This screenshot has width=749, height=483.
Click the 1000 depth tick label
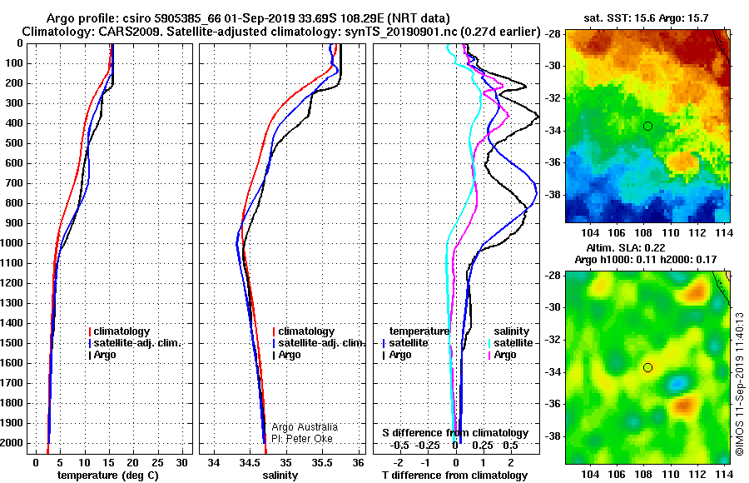[x=12, y=243]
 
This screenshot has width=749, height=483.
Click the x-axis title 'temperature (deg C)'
[x=108, y=476]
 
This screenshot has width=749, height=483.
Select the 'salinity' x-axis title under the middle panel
[x=280, y=476]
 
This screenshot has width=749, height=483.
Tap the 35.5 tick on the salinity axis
[x=321, y=463]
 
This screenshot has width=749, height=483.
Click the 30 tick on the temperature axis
[x=181, y=463]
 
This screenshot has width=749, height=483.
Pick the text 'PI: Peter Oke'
[x=302, y=439]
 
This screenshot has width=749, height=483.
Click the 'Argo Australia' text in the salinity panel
[x=305, y=427]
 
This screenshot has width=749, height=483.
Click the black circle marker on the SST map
[x=647, y=127]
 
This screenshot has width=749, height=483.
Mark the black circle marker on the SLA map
[x=647, y=368]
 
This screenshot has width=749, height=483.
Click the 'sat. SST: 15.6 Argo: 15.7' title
[x=646, y=18]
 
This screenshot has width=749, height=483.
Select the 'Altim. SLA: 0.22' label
[x=626, y=247]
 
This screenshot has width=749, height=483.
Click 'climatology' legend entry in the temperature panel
[x=119, y=331]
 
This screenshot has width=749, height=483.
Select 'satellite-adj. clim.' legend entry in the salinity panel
[x=319, y=343]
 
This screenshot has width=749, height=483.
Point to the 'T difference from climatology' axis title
[x=454, y=476]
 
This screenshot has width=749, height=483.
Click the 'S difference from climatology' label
[x=455, y=433]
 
